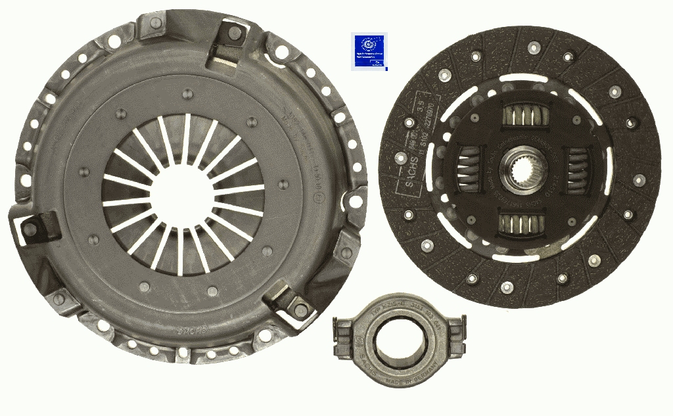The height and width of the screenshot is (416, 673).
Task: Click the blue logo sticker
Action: point(369,51)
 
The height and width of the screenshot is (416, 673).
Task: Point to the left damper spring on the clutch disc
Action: point(468,169)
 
